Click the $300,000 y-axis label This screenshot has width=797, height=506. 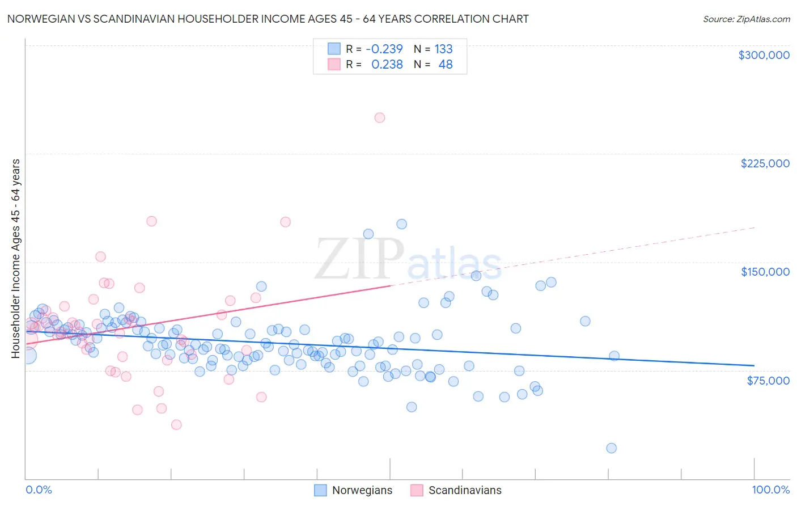[x=764, y=55]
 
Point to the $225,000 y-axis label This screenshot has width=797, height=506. [x=765, y=163]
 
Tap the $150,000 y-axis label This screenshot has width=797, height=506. [x=765, y=272]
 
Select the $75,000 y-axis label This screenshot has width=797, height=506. [x=768, y=381]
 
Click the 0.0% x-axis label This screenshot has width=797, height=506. [x=39, y=490]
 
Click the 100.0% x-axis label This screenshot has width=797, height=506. [x=770, y=490]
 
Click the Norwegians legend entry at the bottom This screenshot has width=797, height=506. [x=362, y=490]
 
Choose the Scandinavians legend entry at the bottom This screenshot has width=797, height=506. [x=464, y=490]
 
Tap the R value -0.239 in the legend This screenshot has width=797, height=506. [x=384, y=49]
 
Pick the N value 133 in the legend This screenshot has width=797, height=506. [x=443, y=49]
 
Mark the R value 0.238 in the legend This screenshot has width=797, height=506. [x=387, y=65]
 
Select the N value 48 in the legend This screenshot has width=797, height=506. [x=446, y=65]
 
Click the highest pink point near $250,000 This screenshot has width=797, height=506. [x=380, y=118]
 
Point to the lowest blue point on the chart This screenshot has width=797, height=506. [x=611, y=448]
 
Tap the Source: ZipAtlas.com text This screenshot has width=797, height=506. [x=746, y=19]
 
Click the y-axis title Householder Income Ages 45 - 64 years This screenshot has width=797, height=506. [x=15, y=259]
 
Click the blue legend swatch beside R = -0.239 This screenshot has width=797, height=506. [x=334, y=49]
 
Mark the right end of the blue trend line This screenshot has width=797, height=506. [x=754, y=366]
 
